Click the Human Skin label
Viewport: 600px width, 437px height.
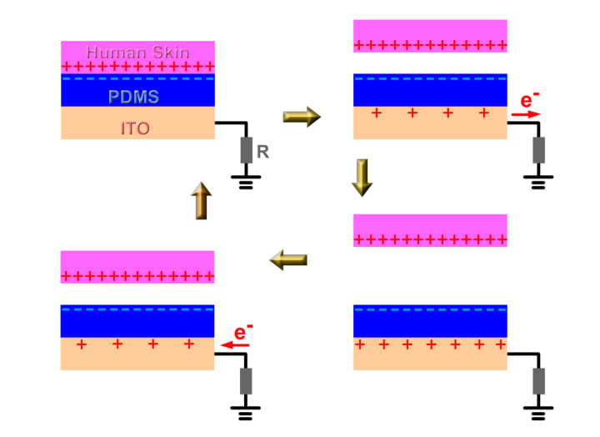[x=137, y=52]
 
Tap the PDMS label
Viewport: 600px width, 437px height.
[x=133, y=97]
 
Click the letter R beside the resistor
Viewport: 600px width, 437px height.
[x=262, y=152]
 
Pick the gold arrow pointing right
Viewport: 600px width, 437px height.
[x=301, y=117]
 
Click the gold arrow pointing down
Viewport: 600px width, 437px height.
[x=361, y=178]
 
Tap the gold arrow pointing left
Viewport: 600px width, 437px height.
[x=288, y=261]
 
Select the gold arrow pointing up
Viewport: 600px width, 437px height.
[x=201, y=201]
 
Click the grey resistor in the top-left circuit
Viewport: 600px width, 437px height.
[x=247, y=151]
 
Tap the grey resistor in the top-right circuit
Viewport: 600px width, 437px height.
[x=539, y=151]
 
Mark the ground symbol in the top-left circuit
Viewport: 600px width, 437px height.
[x=247, y=181]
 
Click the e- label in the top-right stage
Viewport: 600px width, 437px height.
[x=527, y=101]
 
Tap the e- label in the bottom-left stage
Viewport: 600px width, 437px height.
[x=241, y=333]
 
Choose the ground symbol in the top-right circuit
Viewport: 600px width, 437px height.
[x=539, y=181]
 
